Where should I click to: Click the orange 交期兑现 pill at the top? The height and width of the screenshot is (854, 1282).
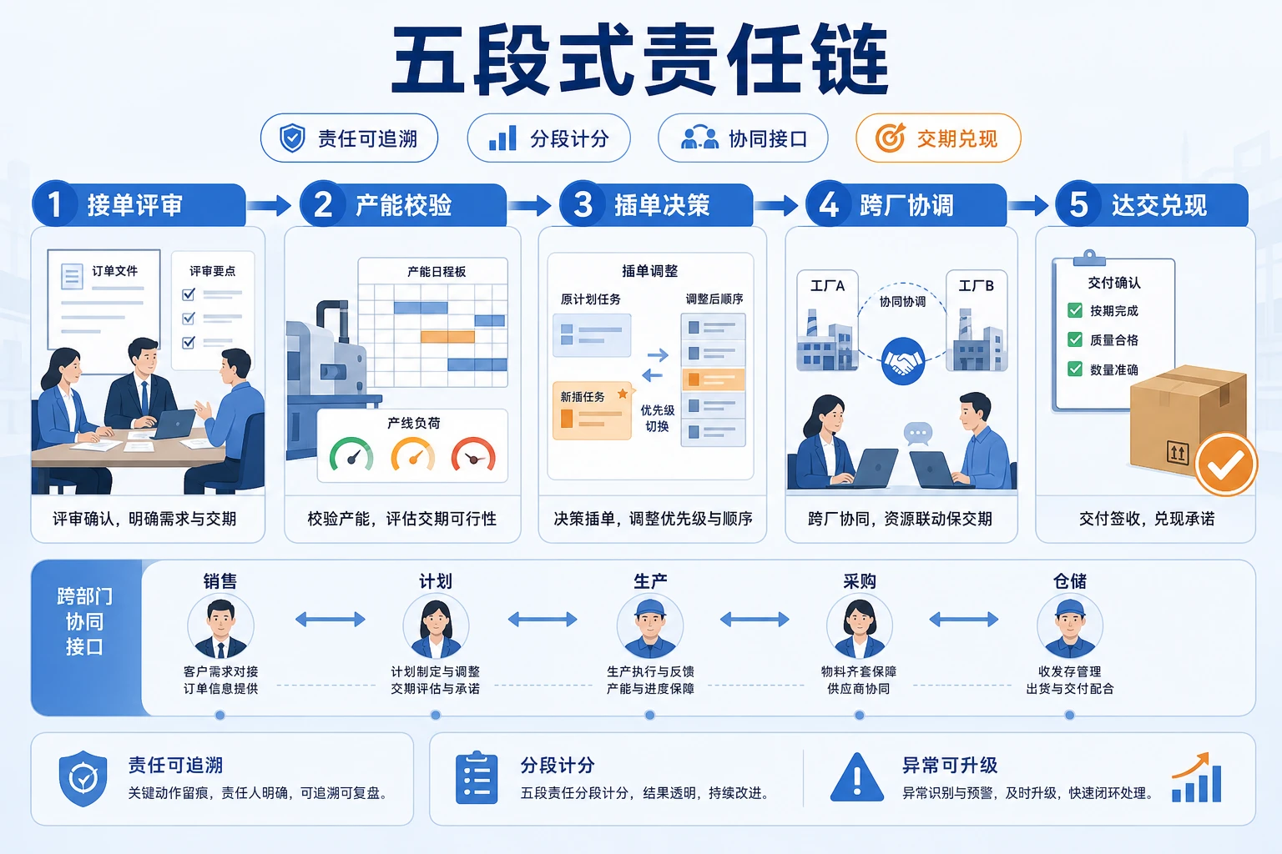click(x=938, y=138)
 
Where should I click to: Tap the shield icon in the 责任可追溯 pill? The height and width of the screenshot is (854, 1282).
click(x=292, y=138)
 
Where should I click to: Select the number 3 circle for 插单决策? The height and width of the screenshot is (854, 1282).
click(x=583, y=204)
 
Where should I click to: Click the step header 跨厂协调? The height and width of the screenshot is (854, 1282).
click(x=907, y=205)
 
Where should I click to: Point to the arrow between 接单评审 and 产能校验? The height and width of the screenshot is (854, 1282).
click(x=269, y=205)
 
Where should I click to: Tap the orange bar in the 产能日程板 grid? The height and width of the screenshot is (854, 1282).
click(x=447, y=336)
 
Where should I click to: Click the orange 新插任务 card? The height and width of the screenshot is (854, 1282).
click(x=592, y=410)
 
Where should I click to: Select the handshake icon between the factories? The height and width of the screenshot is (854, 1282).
click(x=903, y=361)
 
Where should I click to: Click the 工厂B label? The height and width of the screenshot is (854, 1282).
click(x=977, y=285)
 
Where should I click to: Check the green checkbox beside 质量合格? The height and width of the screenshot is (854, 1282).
click(x=1075, y=339)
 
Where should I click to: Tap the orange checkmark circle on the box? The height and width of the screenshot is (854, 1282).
click(x=1226, y=465)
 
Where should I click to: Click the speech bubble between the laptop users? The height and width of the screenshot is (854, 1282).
click(x=918, y=434)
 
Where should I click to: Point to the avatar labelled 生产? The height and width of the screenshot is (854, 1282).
click(x=650, y=626)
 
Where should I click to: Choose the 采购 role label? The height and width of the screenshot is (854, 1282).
click(x=859, y=581)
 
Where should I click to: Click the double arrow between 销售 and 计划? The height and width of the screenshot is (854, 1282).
click(x=331, y=619)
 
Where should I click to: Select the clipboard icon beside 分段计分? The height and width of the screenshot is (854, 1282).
click(x=477, y=777)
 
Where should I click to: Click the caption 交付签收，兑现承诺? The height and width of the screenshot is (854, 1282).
click(x=1146, y=519)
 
